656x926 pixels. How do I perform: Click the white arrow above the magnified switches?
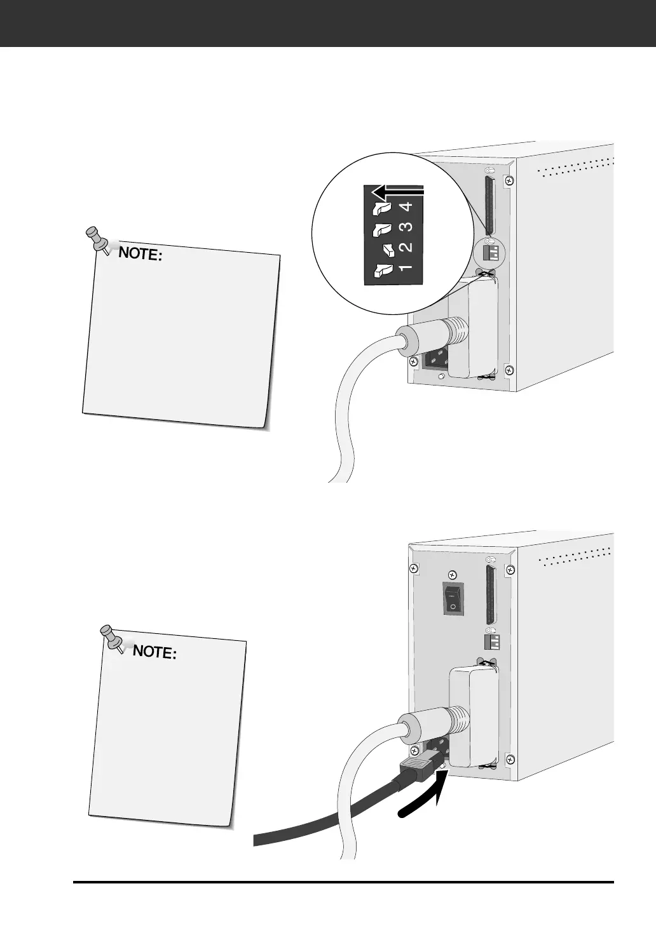398,191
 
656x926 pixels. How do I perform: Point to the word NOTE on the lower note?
153,652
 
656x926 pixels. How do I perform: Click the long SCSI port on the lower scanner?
490,594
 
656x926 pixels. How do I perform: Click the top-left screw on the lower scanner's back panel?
414,567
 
